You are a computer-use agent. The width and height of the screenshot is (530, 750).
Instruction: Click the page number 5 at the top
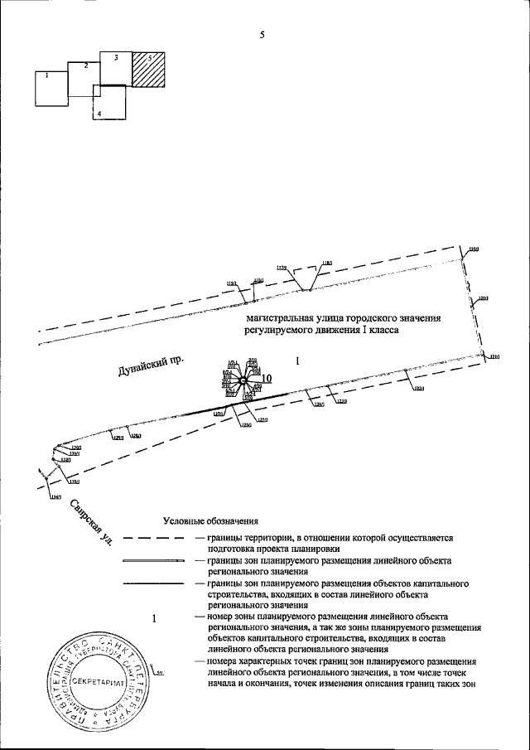(x=262, y=36)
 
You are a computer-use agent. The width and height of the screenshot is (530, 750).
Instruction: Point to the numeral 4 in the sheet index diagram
(x=99, y=113)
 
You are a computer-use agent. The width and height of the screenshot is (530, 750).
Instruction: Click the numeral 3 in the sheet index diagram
(x=116, y=57)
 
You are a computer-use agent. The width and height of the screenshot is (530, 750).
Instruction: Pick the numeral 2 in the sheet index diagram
(x=85, y=65)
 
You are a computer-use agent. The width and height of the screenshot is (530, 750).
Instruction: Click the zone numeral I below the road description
(x=297, y=360)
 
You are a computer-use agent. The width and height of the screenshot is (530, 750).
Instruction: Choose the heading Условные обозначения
(x=211, y=521)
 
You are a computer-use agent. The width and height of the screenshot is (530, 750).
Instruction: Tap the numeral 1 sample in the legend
(x=153, y=618)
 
